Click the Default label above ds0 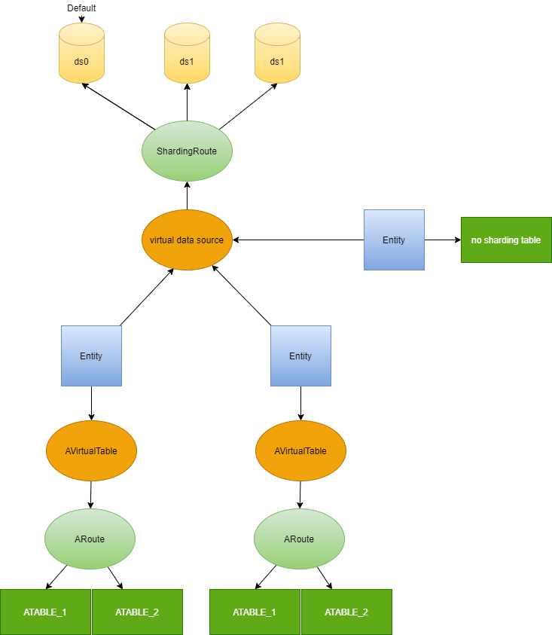[x=81, y=8]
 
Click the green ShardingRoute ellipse [x=187, y=151]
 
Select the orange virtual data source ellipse [x=187, y=240]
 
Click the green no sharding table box [x=506, y=240]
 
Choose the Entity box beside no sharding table [x=394, y=240]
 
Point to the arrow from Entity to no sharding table [x=443, y=240]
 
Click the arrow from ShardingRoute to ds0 [x=118, y=106]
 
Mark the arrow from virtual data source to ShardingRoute [x=187, y=195]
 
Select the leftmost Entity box [x=91, y=356]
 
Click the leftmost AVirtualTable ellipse [x=91, y=450]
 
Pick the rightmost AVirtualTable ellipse [x=300, y=450]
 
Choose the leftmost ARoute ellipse [x=90, y=539]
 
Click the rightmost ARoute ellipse [x=299, y=539]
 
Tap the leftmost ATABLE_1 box [x=45, y=612]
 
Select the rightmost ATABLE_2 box [x=346, y=612]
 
